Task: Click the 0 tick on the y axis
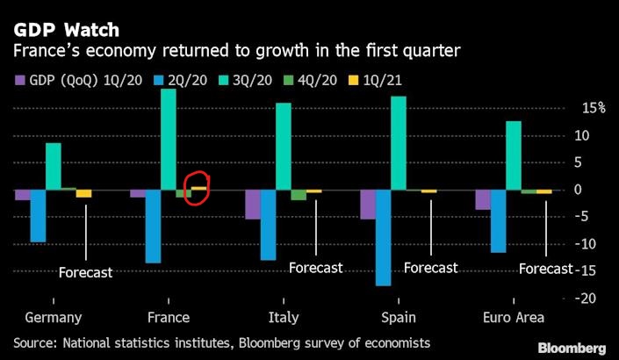[x=578, y=190]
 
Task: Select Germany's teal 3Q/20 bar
[x=53, y=166]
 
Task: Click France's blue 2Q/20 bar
[x=153, y=226]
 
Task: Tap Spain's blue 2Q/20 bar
[x=383, y=237]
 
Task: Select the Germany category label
[x=54, y=318]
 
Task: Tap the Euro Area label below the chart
[x=513, y=318]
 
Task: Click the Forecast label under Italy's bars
[x=315, y=268]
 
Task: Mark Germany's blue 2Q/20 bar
[x=38, y=216]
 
